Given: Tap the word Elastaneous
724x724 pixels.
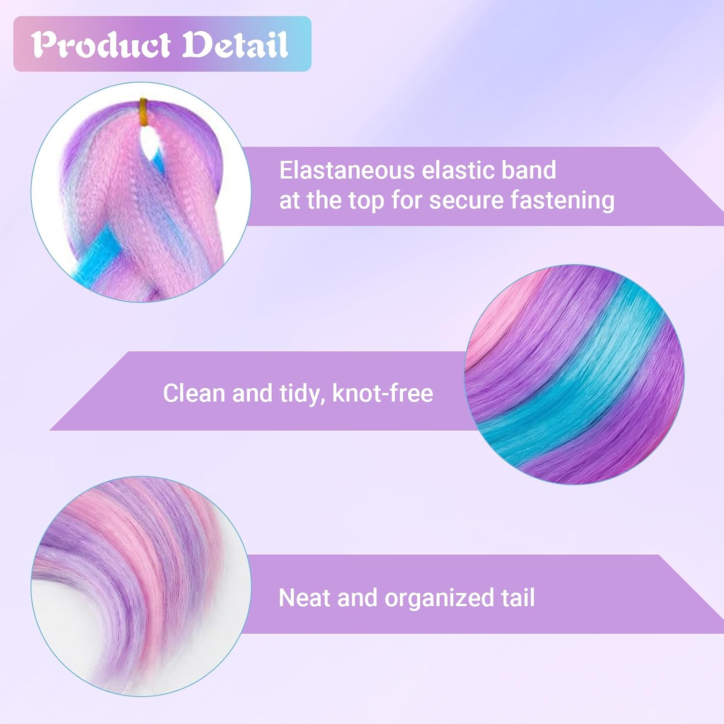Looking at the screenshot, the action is [347, 170].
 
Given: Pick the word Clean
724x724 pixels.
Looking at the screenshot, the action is [194, 393].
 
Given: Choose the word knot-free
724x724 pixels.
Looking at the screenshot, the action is [382, 393].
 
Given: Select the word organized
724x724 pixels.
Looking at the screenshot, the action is [439, 599].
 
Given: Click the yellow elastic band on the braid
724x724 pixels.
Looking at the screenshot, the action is [143, 111].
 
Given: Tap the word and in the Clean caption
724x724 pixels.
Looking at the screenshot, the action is [252, 393].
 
